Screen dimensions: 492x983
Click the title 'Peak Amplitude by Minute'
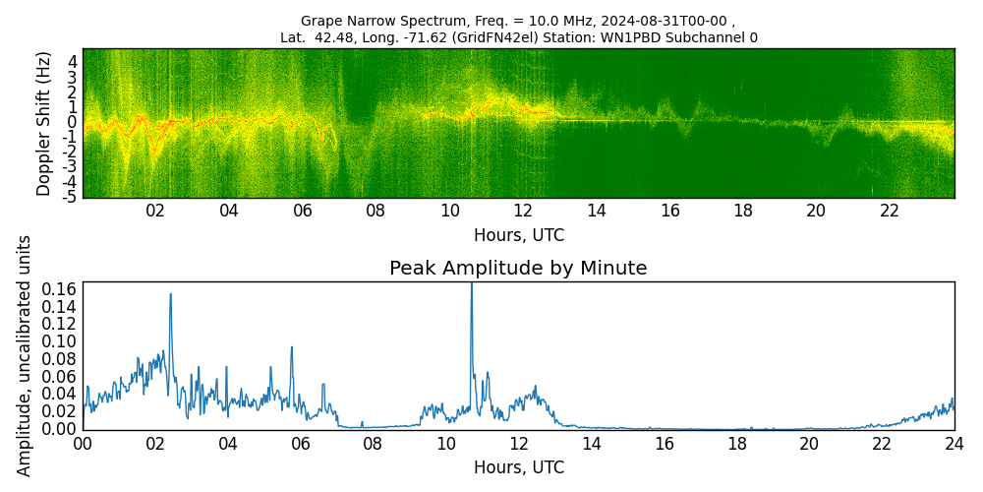click(x=518, y=269)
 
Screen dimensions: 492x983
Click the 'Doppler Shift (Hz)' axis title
click(x=44, y=124)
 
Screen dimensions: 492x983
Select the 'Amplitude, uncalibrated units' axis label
click(x=25, y=355)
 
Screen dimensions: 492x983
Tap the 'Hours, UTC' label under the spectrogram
click(x=518, y=236)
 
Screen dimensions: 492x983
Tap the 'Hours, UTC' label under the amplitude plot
click(x=518, y=467)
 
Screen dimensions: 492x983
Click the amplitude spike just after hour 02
click(x=170, y=294)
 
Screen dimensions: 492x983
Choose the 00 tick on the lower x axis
click(x=83, y=444)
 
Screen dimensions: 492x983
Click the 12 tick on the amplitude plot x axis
click(x=518, y=444)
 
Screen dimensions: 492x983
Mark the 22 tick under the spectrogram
click(x=890, y=211)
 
